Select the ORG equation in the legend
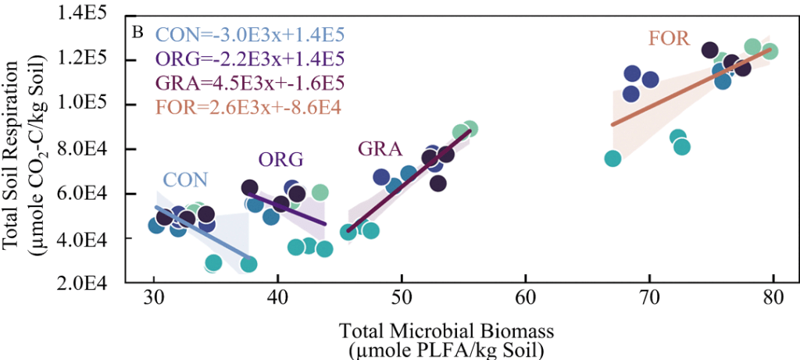click(250, 59)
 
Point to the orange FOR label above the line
click(668, 37)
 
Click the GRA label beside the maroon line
click(380, 148)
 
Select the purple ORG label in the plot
click(280, 159)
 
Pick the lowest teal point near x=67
click(612, 159)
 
